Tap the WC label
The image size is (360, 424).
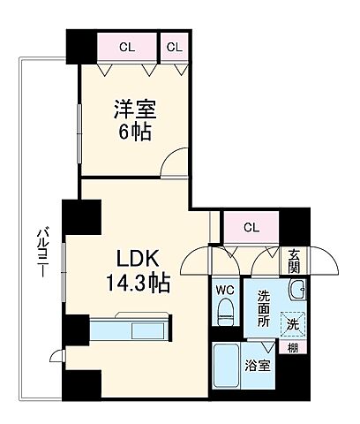click(223, 287)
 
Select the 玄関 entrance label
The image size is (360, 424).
click(294, 261)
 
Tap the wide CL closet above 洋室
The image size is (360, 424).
click(127, 46)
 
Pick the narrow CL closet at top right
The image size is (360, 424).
click(174, 46)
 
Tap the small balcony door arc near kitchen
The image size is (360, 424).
click(57, 355)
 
